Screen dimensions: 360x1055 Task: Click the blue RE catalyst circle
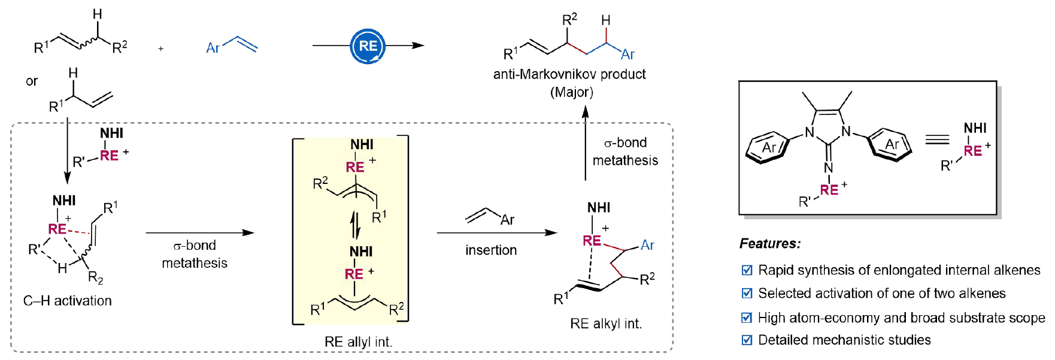368,46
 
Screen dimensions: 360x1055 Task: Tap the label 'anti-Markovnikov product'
569,74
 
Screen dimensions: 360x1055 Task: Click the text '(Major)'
572,92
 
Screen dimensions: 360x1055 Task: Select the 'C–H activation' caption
68,301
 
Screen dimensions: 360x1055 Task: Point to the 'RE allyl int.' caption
358,341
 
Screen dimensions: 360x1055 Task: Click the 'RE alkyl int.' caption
606,323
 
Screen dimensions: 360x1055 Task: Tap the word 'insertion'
491,250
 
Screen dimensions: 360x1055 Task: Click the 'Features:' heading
770,243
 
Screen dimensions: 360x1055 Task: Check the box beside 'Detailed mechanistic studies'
747,340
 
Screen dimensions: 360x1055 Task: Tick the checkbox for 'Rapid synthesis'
747,270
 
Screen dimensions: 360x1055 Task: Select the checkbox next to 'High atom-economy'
747,317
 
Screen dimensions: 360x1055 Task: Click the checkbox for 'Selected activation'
747,294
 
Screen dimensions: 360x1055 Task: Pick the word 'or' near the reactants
32,81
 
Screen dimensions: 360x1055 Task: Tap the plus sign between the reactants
161,49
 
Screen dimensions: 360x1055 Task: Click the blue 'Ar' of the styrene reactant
213,48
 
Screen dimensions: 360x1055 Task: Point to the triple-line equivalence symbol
937,140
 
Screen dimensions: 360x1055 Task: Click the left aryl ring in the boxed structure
768,147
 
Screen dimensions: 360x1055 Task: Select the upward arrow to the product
586,144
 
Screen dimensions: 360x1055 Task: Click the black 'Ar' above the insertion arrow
507,220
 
